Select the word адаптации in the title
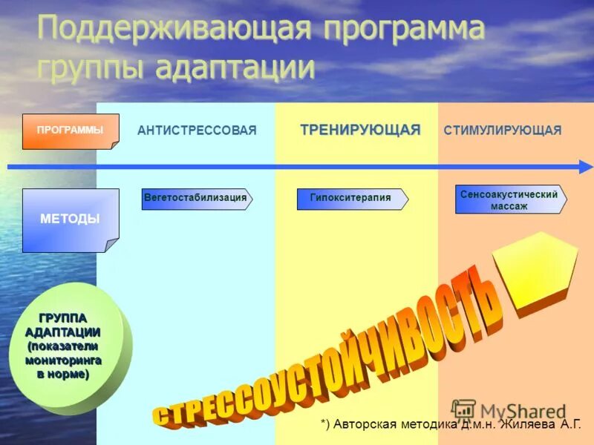235,67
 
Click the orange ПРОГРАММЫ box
70,131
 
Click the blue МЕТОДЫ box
70,220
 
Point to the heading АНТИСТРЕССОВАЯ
197,131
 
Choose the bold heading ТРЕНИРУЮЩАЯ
360,131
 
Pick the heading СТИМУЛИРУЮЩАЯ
503,131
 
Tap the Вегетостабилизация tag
196,199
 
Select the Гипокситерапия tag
351,199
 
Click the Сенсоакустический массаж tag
509,200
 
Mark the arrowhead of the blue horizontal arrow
586,167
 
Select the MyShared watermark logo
509,410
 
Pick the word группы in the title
92,67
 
